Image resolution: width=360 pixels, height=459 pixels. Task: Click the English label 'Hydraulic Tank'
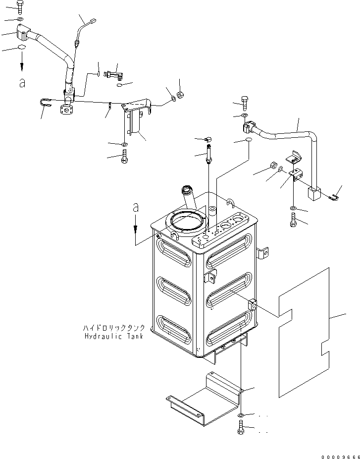114,336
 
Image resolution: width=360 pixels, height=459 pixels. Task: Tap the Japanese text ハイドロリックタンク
114,328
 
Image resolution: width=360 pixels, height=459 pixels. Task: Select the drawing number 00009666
340,457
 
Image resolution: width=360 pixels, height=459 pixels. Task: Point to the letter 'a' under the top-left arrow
22,83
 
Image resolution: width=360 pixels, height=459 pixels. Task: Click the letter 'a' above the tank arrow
135,208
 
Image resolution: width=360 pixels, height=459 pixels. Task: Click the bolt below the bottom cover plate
241,427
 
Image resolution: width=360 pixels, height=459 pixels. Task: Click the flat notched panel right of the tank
304,332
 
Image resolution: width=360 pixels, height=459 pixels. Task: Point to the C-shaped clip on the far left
45,102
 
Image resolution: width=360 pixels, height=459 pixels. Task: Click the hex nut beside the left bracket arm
180,95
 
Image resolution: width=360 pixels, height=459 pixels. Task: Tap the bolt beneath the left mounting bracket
124,156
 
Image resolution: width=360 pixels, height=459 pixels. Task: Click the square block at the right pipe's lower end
314,194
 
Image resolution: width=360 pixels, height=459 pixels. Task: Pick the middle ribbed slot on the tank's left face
174,291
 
